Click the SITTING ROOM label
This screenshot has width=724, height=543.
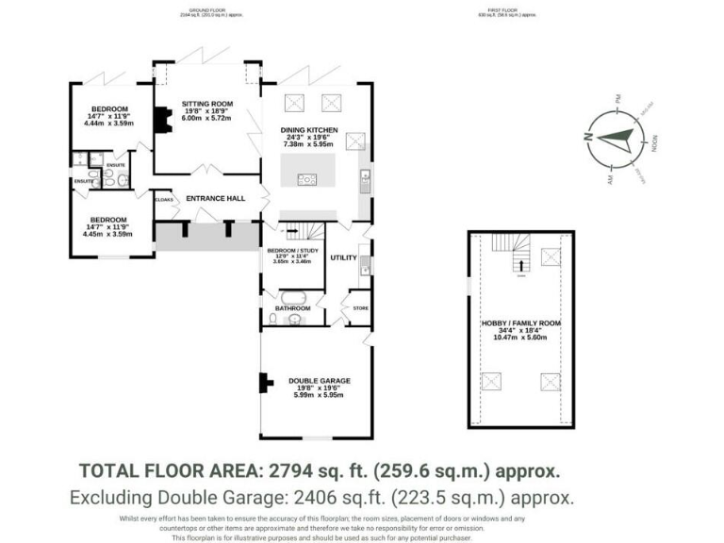coord(207,104)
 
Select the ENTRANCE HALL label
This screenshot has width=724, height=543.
coord(215,199)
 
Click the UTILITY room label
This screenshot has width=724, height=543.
coord(343,257)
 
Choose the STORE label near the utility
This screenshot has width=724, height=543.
coord(359,307)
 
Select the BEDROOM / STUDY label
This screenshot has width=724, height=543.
coord(293,250)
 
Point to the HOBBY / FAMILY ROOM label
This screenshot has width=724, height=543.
coord(520,323)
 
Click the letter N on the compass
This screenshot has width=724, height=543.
coord(587,138)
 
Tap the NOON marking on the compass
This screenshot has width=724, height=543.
coord(653,143)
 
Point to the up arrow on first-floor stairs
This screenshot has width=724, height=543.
coord(519,274)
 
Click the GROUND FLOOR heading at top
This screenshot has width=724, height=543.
coord(206,12)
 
